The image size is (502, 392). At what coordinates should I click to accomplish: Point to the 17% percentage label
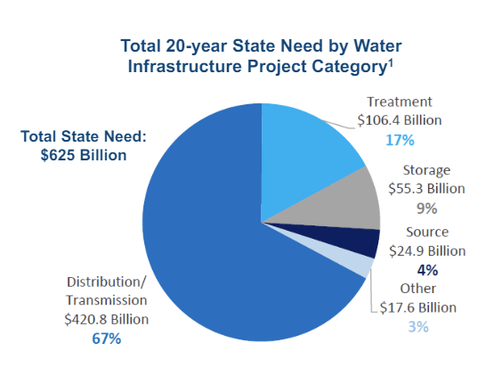click(399, 139)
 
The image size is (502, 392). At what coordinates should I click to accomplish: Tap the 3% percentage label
click(418, 327)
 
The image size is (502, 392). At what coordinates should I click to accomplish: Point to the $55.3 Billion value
click(427, 189)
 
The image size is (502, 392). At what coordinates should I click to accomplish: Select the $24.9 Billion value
click(429, 250)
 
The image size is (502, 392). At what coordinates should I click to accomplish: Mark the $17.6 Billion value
click(417, 308)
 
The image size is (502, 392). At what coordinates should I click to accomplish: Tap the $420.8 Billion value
click(106, 319)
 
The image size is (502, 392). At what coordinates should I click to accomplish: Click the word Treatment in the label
click(400, 102)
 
